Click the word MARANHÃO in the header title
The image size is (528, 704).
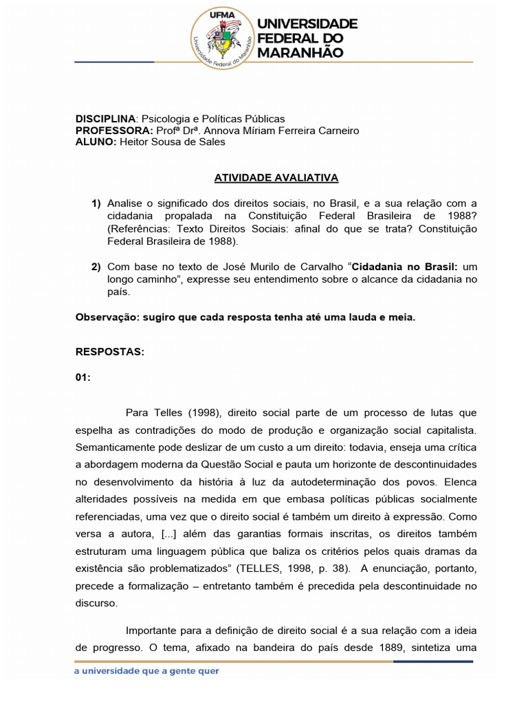(301, 52)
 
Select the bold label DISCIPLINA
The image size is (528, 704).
(106, 119)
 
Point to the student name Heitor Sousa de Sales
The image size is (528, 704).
(172, 142)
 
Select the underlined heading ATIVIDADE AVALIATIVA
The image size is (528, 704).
(276, 177)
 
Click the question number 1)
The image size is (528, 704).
(96, 203)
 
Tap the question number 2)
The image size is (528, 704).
(96, 267)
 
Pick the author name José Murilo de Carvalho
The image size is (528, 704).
(287, 267)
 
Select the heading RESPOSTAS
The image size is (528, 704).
(109, 351)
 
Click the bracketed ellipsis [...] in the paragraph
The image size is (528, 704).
(171, 534)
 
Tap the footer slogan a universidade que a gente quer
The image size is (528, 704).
(147, 671)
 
